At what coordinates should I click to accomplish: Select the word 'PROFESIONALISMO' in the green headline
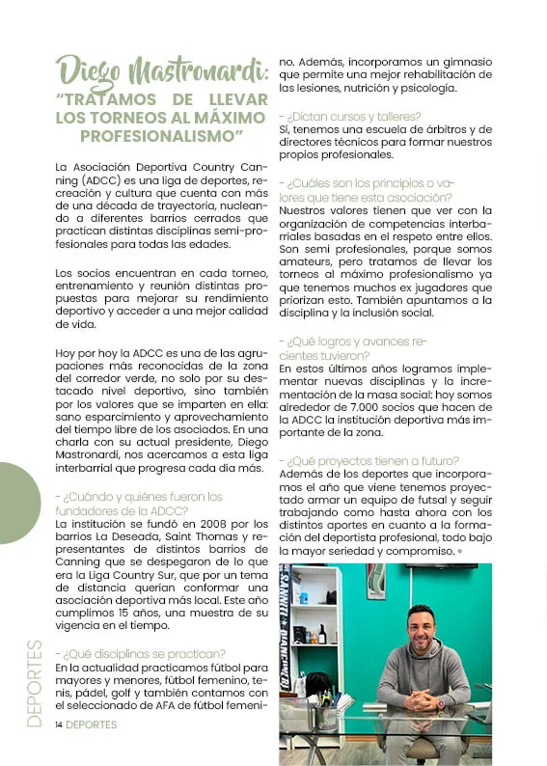tap(160, 136)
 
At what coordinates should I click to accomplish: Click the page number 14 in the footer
tap(59, 725)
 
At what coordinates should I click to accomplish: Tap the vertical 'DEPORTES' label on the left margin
tap(35, 681)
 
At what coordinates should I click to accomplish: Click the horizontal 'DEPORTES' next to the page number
tap(92, 725)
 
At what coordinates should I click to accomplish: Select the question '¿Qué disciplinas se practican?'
tap(141, 653)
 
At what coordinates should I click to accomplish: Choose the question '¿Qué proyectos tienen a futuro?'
tap(369, 460)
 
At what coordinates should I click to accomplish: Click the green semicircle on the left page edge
tap(17, 502)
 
